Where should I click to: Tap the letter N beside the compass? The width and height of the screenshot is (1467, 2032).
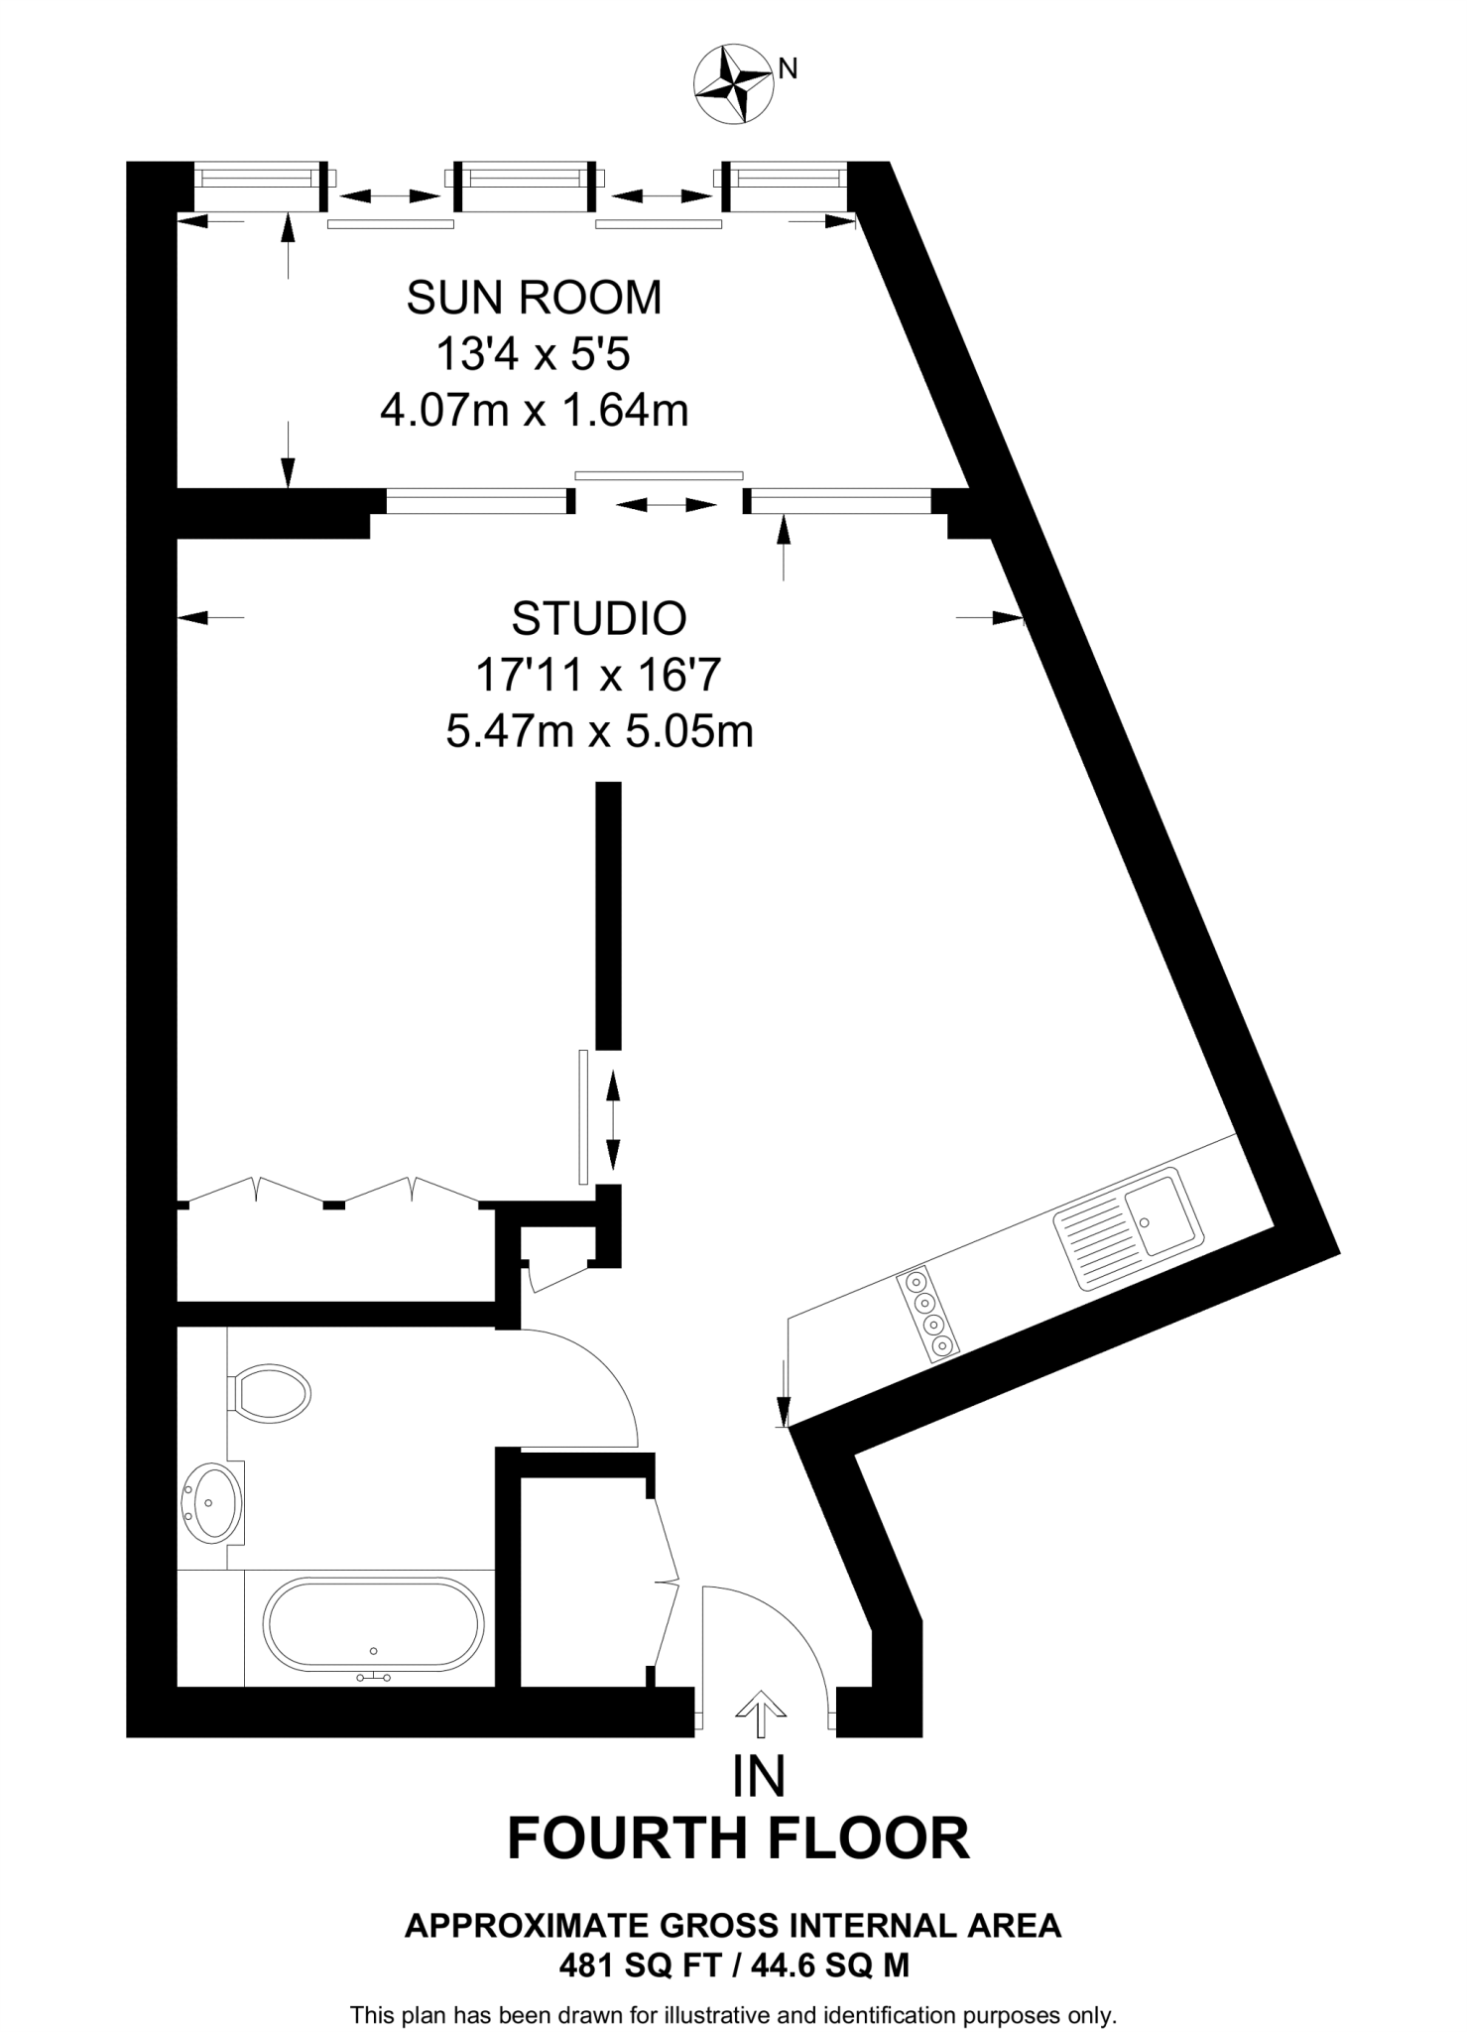[789, 68]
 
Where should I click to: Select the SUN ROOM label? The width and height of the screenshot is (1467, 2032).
[534, 298]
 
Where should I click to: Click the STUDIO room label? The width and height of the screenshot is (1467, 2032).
[599, 618]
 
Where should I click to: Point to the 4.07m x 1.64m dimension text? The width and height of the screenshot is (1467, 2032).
[534, 410]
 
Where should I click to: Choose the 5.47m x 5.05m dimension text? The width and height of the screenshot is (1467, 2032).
[599, 731]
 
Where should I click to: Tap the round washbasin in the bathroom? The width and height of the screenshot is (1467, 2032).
[211, 1502]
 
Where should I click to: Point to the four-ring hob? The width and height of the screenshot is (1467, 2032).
[928, 1314]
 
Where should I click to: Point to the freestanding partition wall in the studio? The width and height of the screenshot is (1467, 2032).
[608, 914]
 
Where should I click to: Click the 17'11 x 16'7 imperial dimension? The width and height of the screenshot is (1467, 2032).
[597, 676]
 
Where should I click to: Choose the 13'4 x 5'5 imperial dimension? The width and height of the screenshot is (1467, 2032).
[534, 354]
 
